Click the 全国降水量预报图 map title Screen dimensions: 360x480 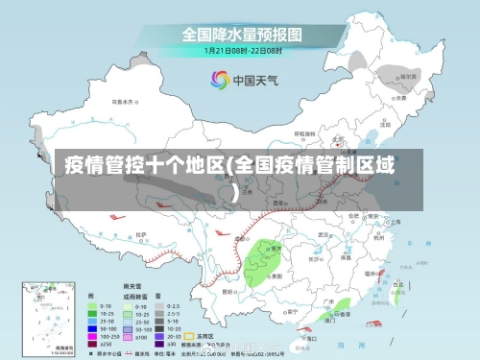(242, 35)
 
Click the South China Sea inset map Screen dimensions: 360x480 (38, 317)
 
